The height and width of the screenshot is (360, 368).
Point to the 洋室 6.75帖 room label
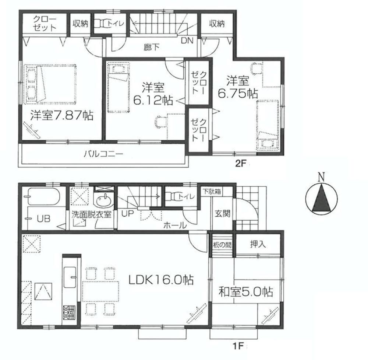tap(237, 87)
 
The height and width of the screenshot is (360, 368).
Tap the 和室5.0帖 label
tap(245, 293)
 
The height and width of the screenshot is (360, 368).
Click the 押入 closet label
tap(257, 244)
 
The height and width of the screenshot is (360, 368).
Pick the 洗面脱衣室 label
tap(92, 214)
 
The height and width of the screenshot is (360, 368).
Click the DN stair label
tap(187, 41)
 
